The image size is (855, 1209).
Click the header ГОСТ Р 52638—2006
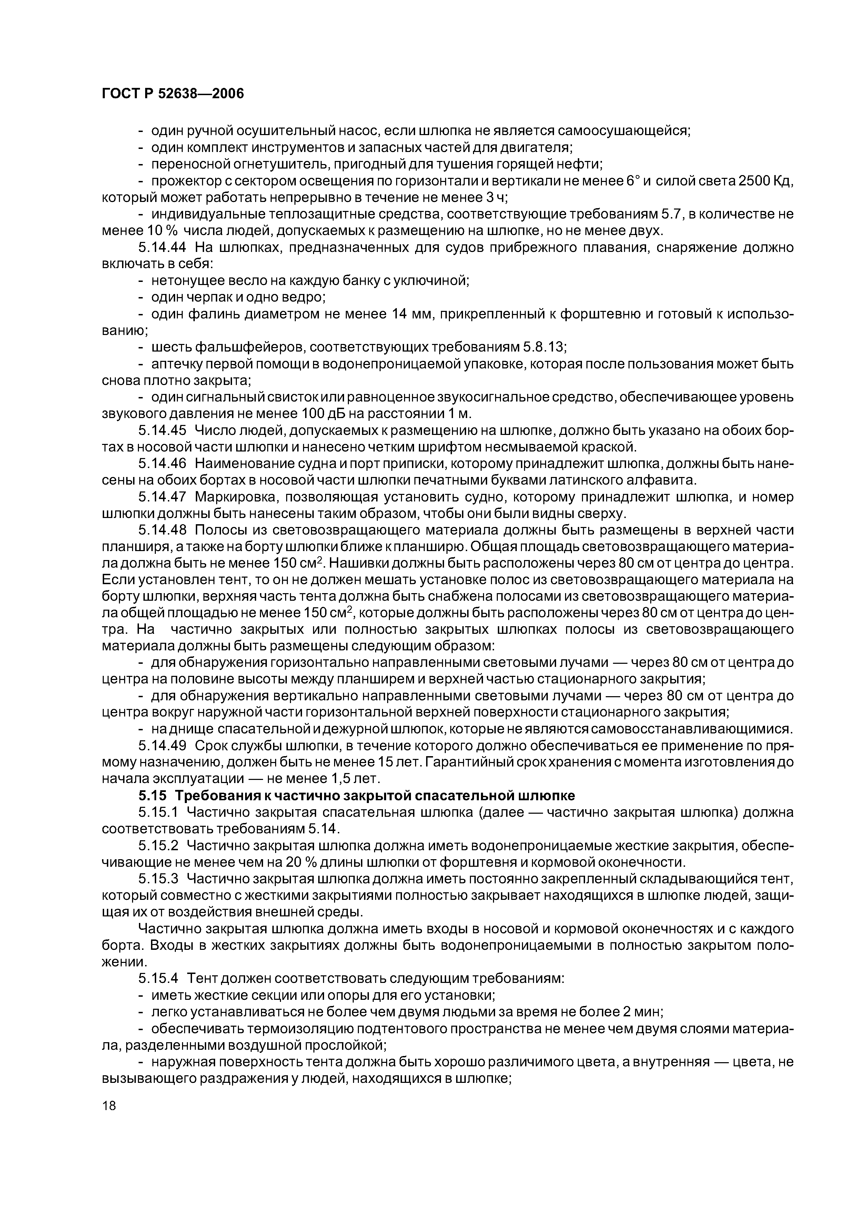coord(173,94)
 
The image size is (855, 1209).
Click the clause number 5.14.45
coord(162,430)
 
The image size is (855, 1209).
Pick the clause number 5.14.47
coord(162,497)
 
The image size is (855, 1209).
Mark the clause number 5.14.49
coord(162,745)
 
